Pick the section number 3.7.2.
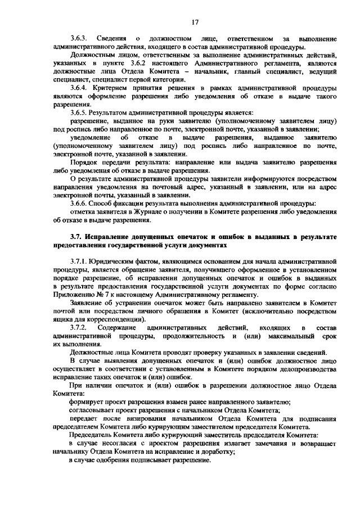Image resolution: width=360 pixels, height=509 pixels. [78, 327]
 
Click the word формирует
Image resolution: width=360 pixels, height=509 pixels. [88, 402]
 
